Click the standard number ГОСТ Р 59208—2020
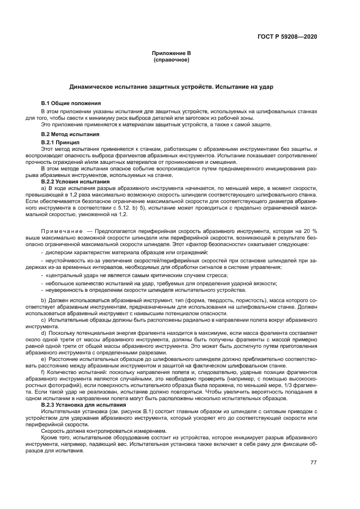pos(287,37)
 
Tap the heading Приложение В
pos(171,53)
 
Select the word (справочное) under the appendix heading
pos(171,59)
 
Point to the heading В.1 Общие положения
pos(71,103)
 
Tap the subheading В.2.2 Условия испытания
pos(76,181)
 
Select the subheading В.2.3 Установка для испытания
pos(80,406)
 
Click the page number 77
pos(313,463)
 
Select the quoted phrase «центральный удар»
pos(70,275)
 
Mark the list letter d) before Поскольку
pos(44,332)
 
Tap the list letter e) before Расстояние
pos(44,360)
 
